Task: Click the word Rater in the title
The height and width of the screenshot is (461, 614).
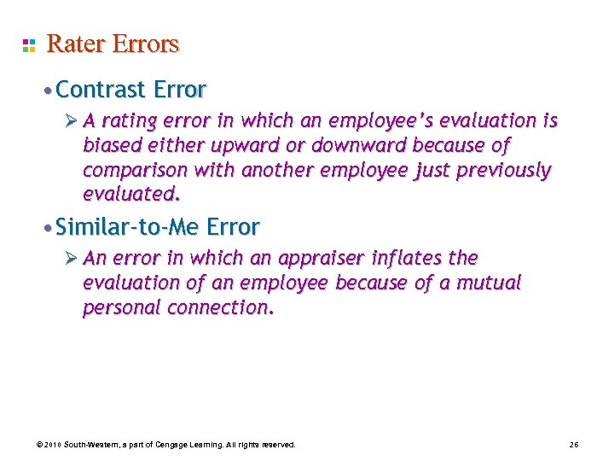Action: click(72, 44)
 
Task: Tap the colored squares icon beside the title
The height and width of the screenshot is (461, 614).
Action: click(29, 44)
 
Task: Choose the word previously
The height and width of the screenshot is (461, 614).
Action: click(503, 171)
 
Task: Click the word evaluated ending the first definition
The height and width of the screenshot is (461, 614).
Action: click(131, 195)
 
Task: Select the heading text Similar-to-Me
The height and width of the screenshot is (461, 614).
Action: click(128, 227)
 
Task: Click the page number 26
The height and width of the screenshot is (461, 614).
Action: click(573, 445)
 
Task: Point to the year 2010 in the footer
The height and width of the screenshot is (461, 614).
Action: click(51, 445)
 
